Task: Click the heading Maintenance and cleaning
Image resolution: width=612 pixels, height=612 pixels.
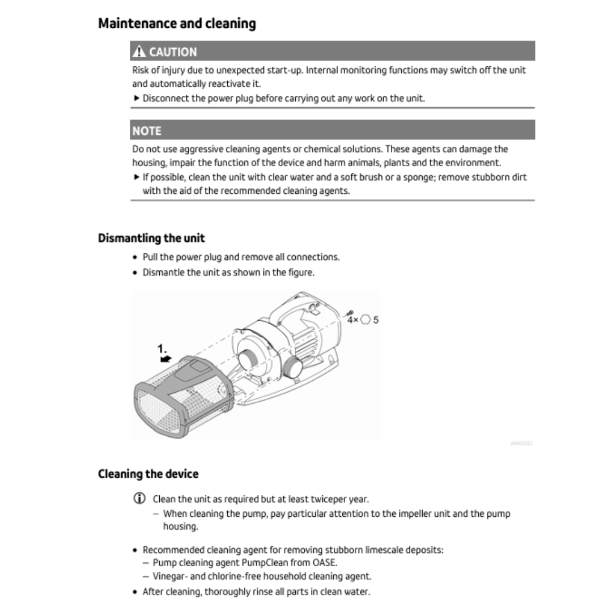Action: pos(177,24)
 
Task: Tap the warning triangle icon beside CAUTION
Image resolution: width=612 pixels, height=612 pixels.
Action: pos(139,52)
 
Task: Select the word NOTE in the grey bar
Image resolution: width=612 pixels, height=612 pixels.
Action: pos(147,130)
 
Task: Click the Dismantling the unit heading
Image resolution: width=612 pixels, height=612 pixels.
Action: pos(151,238)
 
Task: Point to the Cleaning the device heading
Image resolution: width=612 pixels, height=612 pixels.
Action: pos(148,474)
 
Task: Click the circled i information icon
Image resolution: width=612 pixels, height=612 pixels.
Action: pos(139,499)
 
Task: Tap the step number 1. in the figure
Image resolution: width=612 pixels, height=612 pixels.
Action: pos(163,348)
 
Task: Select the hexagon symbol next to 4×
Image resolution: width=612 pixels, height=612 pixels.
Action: pos(365,320)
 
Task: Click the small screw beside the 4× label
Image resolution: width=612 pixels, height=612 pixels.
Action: pos(350,313)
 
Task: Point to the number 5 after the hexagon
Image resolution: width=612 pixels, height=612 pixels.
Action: pos(376,320)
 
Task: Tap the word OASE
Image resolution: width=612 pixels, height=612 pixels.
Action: pos(325,563)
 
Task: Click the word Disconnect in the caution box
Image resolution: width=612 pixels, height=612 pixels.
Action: pos(165,98)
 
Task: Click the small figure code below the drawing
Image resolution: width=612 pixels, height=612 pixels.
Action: pos(521,443)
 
